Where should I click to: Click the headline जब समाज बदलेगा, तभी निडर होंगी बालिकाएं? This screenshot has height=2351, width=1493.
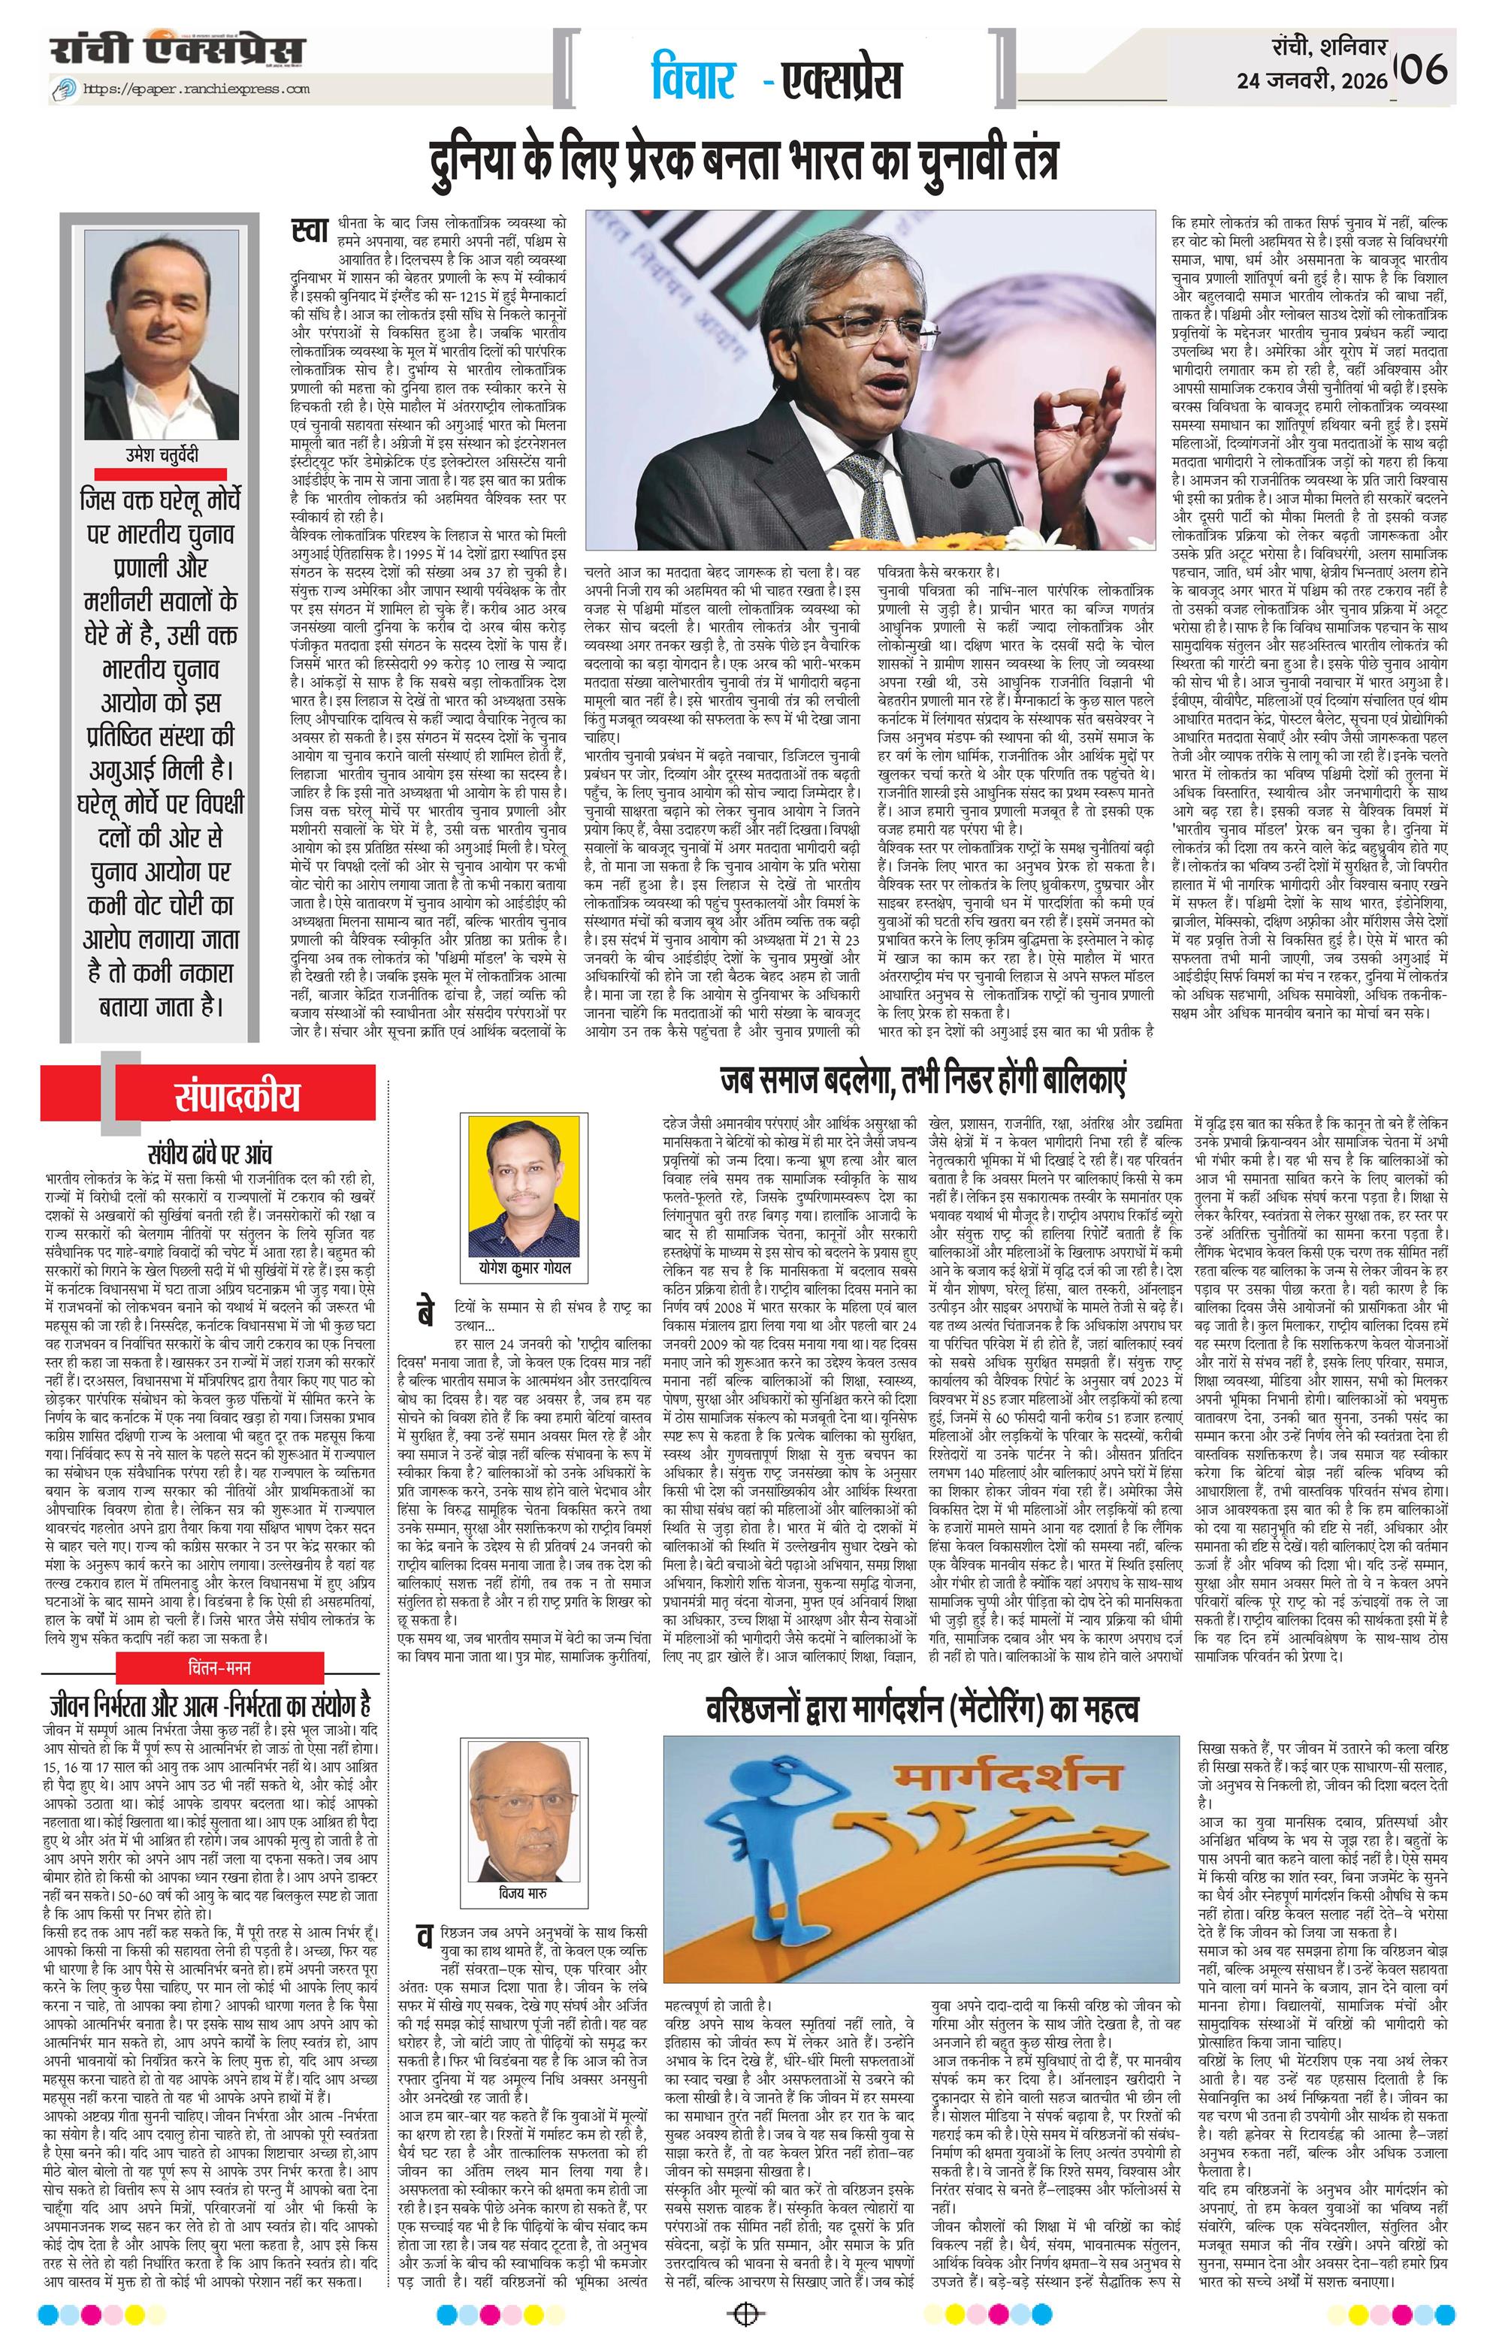[923, 1082]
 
